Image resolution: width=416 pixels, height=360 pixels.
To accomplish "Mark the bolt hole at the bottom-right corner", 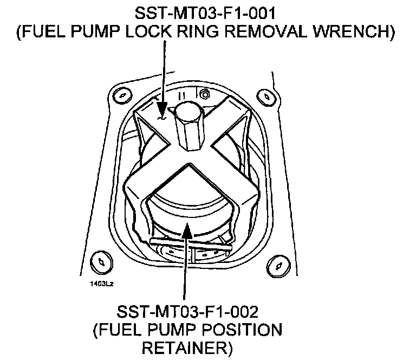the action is [279, 264].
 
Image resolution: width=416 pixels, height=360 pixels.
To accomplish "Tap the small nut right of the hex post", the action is [205, 94].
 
